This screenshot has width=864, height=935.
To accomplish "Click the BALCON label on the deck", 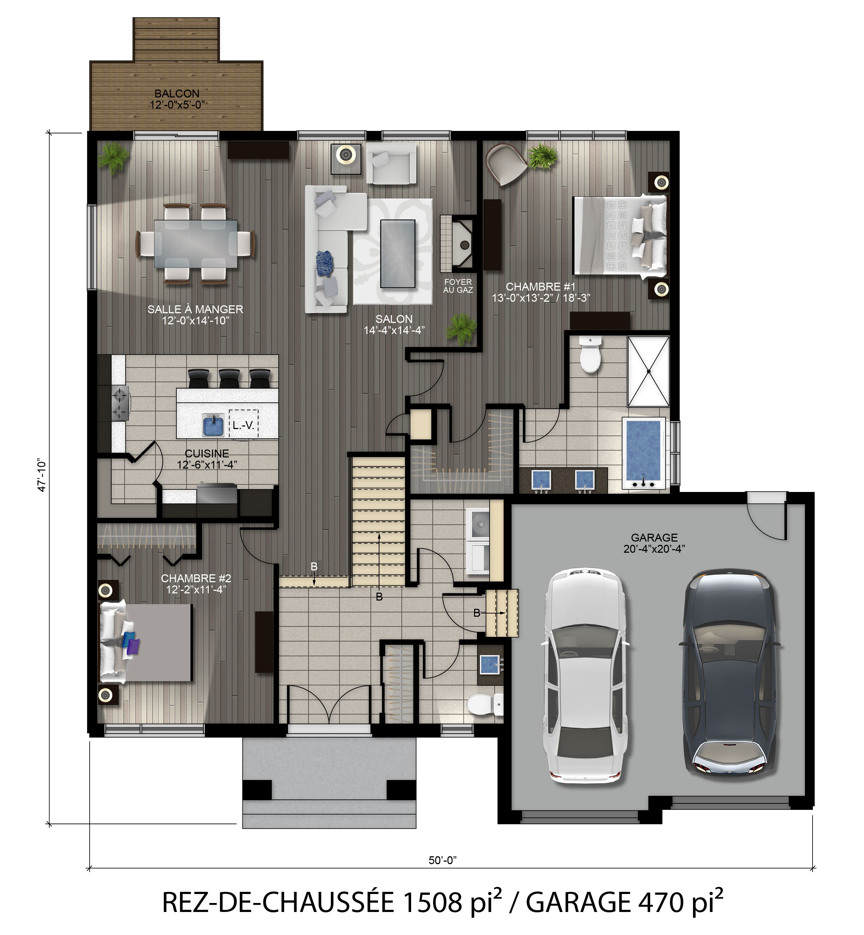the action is [x=177, y=94].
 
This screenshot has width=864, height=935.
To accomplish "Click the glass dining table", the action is [x=195, y=244].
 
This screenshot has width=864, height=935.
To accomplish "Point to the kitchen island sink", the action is [x=215, y=425].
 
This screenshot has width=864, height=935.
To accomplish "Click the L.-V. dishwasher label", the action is [x=243, y=425].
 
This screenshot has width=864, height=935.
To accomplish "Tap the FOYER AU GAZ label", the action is [x=458, y=286].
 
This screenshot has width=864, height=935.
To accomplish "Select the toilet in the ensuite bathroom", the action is [x=590, y=355].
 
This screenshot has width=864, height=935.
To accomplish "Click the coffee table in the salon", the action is [x=398, y=254].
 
